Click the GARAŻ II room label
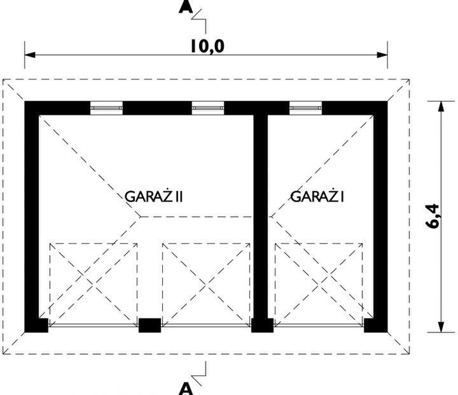point(154,196)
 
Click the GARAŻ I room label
point(317,196)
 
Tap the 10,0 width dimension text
point(207,46)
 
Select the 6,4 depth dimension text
point(433,216)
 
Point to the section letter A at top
point(186,7)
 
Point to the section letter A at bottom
point(186,389)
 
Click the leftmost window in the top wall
point(106,108)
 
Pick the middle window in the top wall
point(208,108)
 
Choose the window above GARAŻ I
point(305,108)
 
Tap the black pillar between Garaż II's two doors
point(149,325)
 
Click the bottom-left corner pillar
point(36,325)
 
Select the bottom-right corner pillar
point(376,325)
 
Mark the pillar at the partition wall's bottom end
point(262,325)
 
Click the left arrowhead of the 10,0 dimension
point(30,55)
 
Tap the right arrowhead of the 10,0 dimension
point(382,55)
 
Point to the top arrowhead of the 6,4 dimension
point(441,107)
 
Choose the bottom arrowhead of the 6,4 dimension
point(441,327)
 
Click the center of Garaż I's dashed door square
point(319,285)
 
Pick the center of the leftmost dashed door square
point(94,285)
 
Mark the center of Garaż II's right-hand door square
point(206,285)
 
